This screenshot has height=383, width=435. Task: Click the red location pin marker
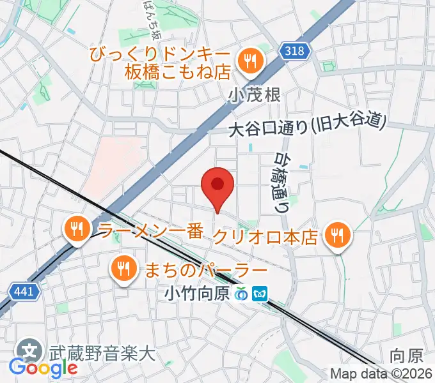tap(217, 185)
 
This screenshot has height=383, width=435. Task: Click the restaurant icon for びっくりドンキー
tap(248, 61)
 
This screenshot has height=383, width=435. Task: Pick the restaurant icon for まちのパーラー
tap(122, 268)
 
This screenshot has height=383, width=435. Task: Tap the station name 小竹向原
tap(196, 294)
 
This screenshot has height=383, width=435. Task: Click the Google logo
tap(43, 368)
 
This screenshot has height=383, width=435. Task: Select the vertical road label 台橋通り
tap(282, 181)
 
